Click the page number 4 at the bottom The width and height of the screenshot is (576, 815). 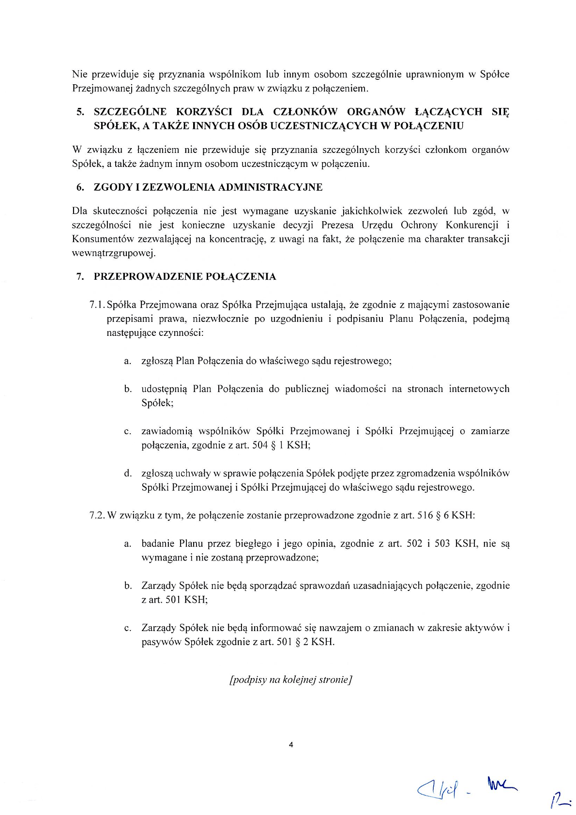click(x=291, y=745)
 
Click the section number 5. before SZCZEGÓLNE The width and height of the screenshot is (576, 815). click(x=80, y=112)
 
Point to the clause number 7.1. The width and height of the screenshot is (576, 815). click(x=97, y=305)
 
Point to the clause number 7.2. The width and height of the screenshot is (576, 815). click(x=97, y=515)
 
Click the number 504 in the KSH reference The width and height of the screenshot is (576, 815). click(x=260, y=445)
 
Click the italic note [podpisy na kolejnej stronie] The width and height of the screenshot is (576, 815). click(x=290, y=679)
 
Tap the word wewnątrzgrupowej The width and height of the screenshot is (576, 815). click(x=113, y=253)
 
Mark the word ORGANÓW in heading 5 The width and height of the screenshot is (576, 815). click(x=376, y=112)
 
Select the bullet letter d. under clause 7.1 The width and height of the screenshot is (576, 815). click(x=128, y=473)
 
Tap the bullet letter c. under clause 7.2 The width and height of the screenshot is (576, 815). click(x=128, y=628)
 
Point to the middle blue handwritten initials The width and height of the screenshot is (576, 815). click(x=503, y=785)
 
